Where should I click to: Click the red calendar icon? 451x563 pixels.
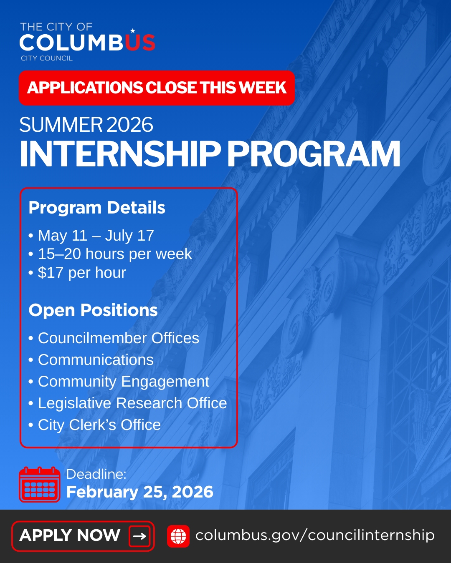click(x=40, y=484)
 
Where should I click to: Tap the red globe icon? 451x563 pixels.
click(x=178, y=536)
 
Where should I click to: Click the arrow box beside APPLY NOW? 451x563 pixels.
click(x=139, y=536)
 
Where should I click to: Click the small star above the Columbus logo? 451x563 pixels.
click(x=133, y=31)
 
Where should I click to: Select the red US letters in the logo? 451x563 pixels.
click(x=140, y=43)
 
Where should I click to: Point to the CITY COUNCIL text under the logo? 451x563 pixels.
click(x=47, y=58)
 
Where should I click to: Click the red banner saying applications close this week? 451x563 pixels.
click(x=157, y=88)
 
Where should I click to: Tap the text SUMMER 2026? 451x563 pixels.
click(x=86, y=125)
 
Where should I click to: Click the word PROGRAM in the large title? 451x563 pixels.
click(x=314, y=154)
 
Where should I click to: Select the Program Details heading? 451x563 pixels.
click(x=97, y=208)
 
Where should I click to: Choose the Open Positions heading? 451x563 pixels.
click(x=93, y=310)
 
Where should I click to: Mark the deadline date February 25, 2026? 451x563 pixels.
click(x=139, y=492)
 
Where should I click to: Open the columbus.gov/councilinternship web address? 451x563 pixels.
click(x=315, y=535)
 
